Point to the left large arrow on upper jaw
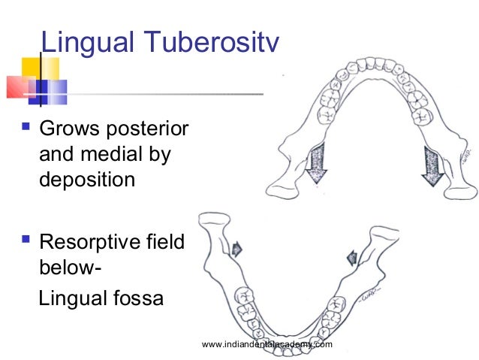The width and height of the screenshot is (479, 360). pos(315,162)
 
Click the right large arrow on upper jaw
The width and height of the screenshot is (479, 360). pos(433,164)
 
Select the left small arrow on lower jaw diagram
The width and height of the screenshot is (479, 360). pos(237,247)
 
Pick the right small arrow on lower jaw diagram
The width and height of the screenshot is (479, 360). pos(350,259)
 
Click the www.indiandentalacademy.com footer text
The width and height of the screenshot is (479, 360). pos(267,344)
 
